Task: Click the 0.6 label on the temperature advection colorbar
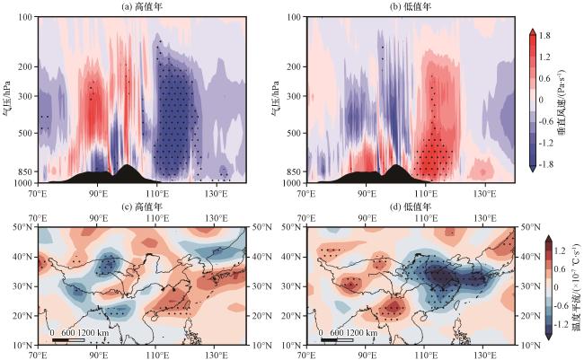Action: click(x=553, y=265)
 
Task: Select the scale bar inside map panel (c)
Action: click(x=71, y=339)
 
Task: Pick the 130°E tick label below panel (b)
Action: click(x=487, y=192)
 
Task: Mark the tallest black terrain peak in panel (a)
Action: click(x=127, y=167)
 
